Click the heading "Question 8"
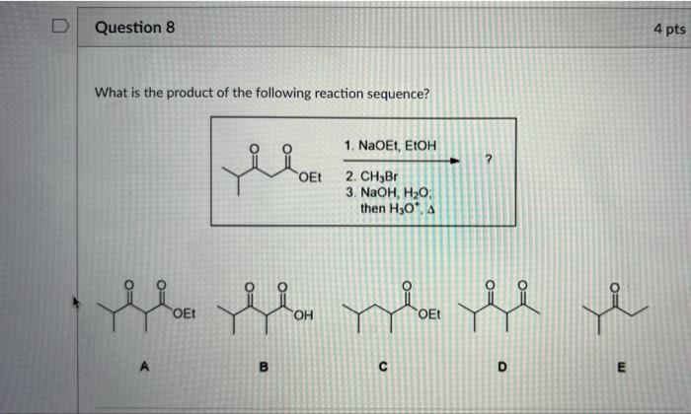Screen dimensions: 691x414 tap(134, 28)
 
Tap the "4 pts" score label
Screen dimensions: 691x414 tap(667, 30)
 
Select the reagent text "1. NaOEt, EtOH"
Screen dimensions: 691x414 tap(392, 146)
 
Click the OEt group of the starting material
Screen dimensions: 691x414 tap(308, 177)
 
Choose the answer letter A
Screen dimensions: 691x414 tap(144, 367)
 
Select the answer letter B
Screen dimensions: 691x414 tap(264, 367)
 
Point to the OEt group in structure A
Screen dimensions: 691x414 tap(183, 314)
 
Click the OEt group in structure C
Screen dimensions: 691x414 tap(430, 314)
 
